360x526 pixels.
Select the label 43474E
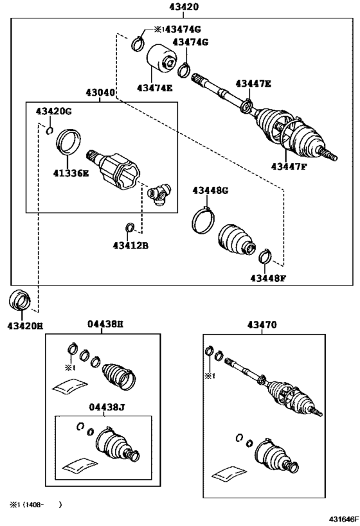click(x=154, y=88)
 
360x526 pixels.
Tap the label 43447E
click(x=253, y=83)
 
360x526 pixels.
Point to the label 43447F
click(x=289, y=167)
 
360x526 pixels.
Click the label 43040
click(x=100, y=92)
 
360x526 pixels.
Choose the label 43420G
click(x=53, y=112)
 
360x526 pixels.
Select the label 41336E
click(x=71, y=173)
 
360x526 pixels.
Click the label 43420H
click(x=25, y=326)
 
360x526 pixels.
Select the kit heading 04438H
click(x=105, y=324)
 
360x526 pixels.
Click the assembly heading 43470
click(x=262, y=325)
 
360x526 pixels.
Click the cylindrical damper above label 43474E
click(x=162, y=60)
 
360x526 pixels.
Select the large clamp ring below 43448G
click(x=204, y=218)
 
